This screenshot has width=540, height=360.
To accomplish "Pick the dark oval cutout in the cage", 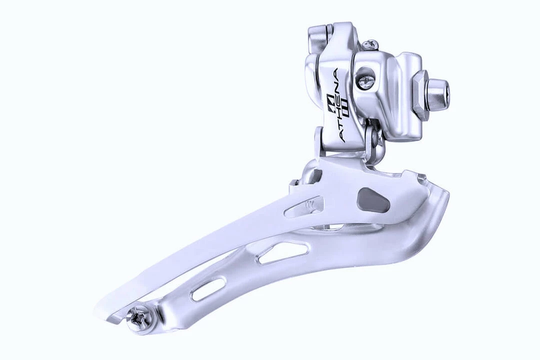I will coord(373,200).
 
